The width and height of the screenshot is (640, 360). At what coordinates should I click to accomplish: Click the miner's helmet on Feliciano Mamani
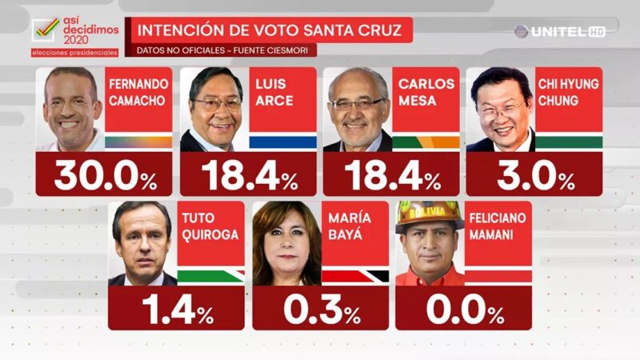tap(430, 214)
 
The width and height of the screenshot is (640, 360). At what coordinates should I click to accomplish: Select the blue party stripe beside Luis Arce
tap(282, 142)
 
